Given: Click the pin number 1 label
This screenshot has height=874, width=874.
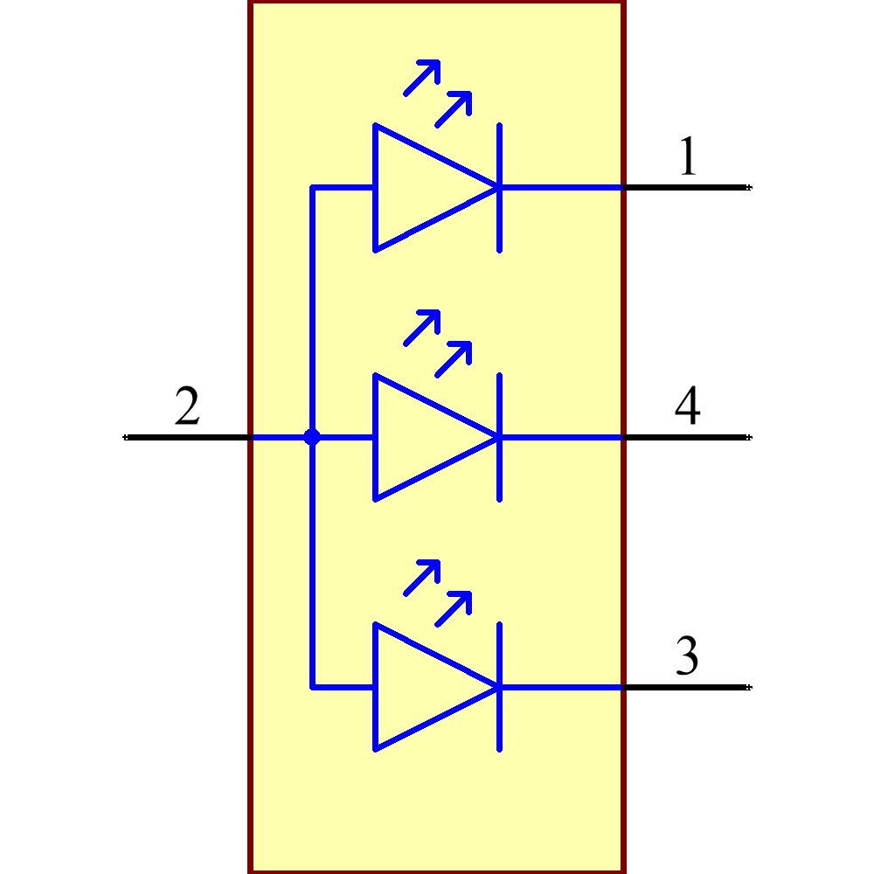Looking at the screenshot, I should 688,157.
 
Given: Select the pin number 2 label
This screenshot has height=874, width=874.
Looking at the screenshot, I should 187,407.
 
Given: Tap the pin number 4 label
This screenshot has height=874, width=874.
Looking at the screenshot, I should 687,407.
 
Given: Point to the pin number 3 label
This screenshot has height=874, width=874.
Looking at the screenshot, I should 687,657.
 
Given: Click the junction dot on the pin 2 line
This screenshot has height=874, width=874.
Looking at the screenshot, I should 312,437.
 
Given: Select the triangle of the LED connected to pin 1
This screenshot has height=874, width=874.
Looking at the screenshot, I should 420,188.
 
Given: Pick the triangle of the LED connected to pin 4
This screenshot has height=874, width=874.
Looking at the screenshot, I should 420,437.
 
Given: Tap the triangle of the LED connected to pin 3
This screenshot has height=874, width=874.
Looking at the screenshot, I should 420,687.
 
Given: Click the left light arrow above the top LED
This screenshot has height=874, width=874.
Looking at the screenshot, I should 422,77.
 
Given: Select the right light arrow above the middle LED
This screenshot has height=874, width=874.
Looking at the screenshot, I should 454,358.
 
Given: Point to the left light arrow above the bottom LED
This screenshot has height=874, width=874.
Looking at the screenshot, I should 422,577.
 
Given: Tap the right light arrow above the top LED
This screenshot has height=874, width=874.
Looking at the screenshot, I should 454,108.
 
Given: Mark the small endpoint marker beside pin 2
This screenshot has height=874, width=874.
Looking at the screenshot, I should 125,437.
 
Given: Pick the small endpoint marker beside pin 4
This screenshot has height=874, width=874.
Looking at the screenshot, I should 749,437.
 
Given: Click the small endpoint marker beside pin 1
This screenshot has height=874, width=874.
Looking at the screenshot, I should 749,187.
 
